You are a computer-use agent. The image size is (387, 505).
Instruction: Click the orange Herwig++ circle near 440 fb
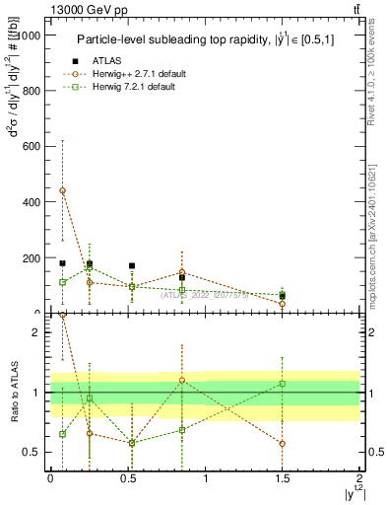(63, 190)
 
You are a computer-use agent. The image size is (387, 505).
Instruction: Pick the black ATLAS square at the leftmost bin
(63, 263)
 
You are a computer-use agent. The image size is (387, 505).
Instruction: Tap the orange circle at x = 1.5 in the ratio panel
(282, 444)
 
